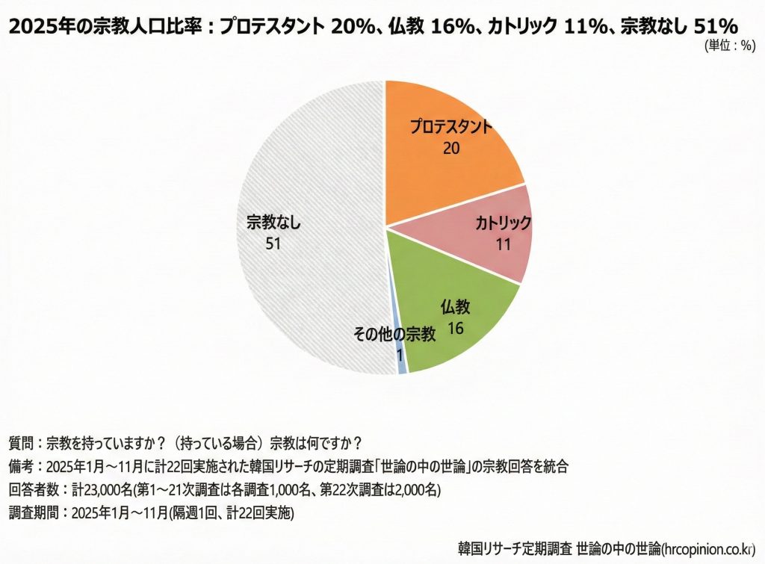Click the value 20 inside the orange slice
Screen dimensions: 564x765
point(450,148)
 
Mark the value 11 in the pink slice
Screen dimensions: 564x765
point(503,244)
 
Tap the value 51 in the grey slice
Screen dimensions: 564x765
point(272,244)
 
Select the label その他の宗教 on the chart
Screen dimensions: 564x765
point(394,335)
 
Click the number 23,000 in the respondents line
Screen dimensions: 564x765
point(93,490)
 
